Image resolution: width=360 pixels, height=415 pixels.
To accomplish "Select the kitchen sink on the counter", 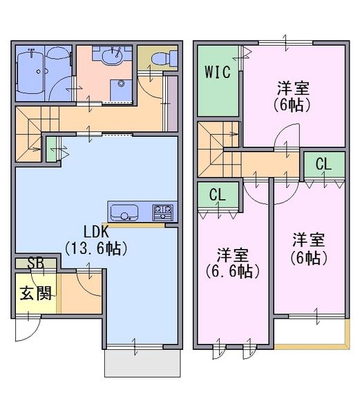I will pos(125,210).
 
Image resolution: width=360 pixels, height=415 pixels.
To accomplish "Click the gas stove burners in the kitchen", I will pos(163,210).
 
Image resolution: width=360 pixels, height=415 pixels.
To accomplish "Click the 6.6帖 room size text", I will pos(232,270).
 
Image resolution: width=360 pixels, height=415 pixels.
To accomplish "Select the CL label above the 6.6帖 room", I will pos(218,195).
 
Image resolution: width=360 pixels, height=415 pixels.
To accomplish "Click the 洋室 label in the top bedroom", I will pos(293,89).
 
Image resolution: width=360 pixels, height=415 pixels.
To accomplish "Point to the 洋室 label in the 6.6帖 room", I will pos(232,254).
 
